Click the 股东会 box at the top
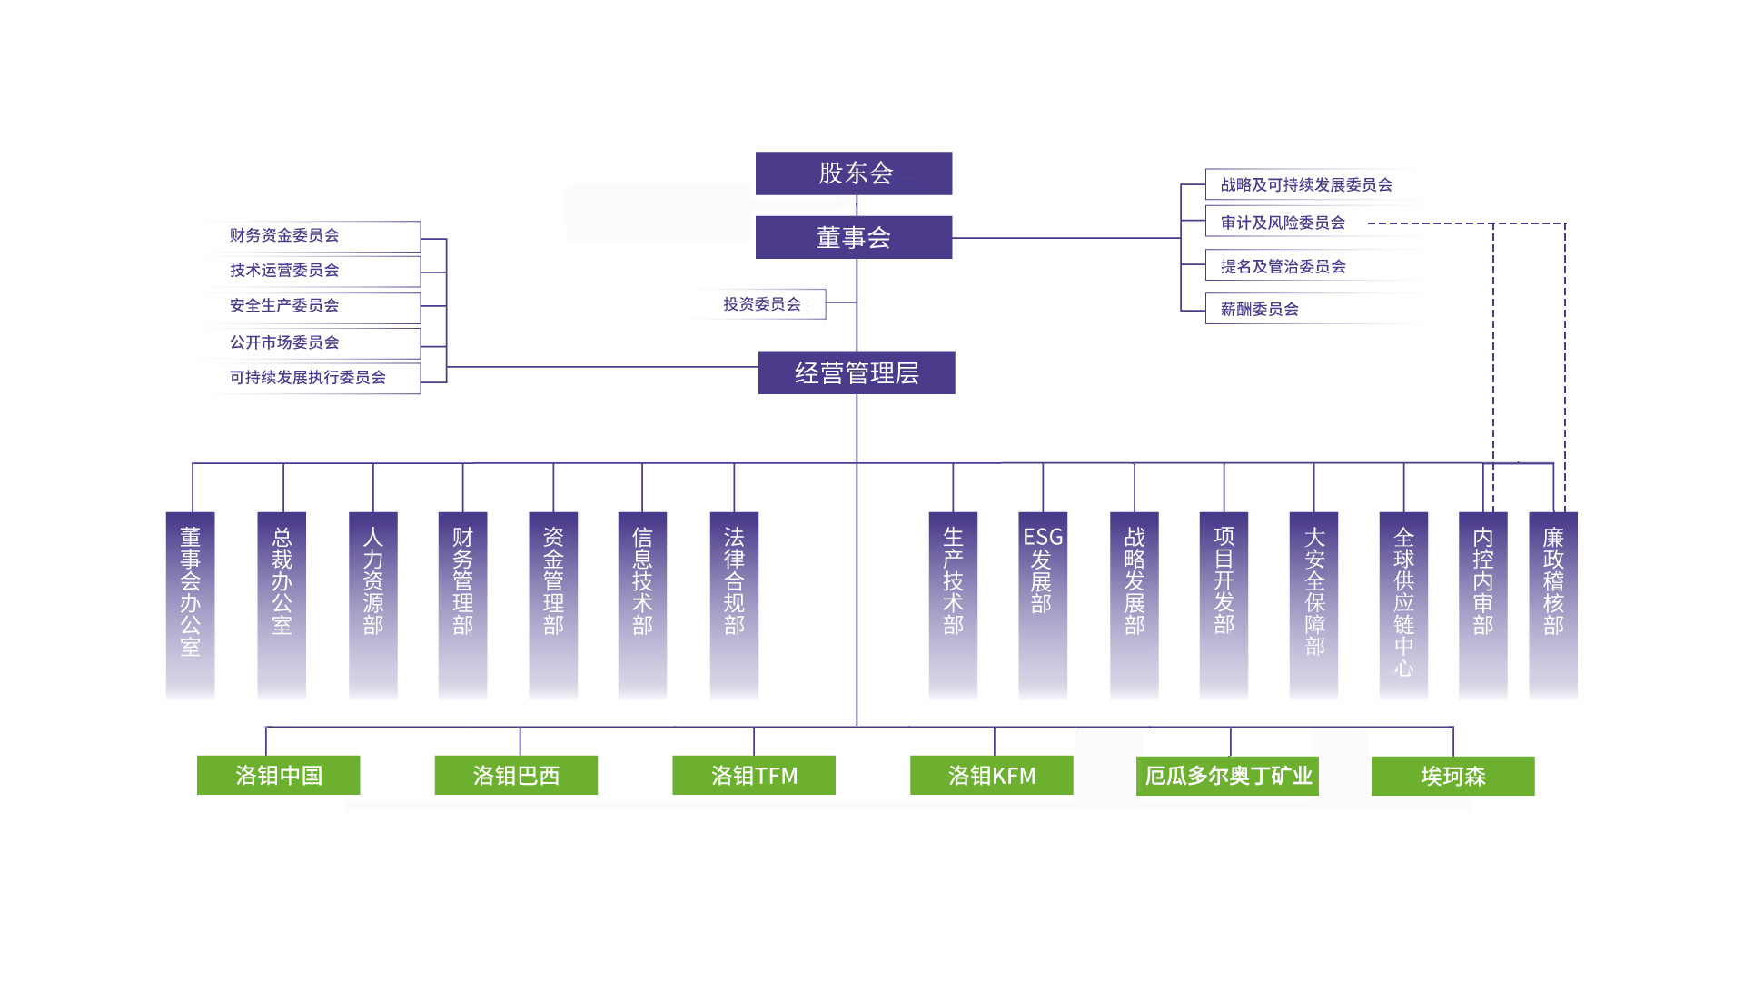pos(854,173)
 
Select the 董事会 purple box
pos(854,237)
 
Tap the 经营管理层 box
pos(857,372)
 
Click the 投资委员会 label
pos(762,304)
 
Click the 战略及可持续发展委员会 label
pos(1305,184)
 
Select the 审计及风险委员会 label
pos(1283,223)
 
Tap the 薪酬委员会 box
pos(1259,309)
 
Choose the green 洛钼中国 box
pos(279,776)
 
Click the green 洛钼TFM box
pos(754,776)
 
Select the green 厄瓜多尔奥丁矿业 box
pos(1227,776)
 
